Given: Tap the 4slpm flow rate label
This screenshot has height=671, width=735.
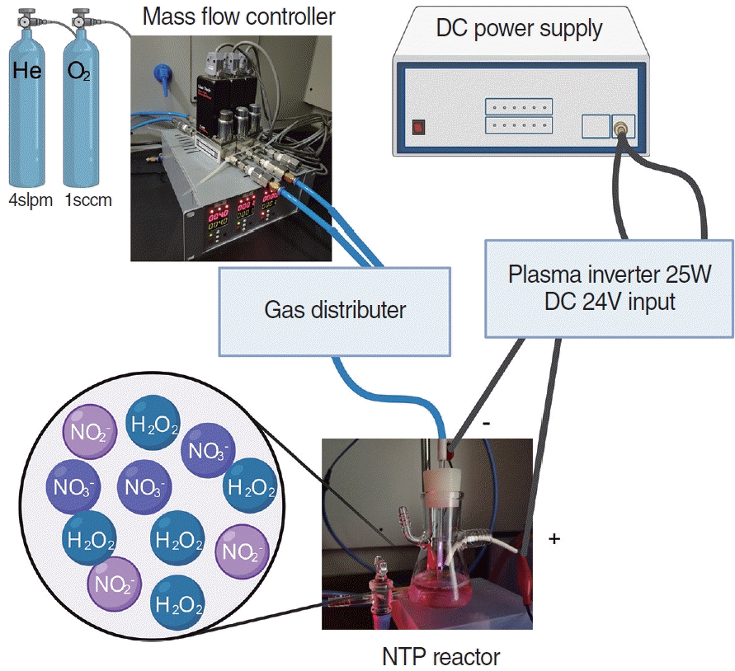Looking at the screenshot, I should tap(26, 199).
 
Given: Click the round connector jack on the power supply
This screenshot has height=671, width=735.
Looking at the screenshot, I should tap(621, 126).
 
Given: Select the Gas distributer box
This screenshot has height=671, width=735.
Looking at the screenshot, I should tap(335, 310).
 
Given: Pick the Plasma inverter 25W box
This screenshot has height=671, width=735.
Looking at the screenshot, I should tap(609, 288).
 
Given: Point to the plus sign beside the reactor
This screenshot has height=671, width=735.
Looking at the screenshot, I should tap(554, 539).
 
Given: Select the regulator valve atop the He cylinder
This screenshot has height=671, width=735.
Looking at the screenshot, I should tap(22, 16).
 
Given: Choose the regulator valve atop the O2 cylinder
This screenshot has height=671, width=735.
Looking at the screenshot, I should tap(79, 16).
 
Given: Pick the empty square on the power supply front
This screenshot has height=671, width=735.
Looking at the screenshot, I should tap(595, 126).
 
